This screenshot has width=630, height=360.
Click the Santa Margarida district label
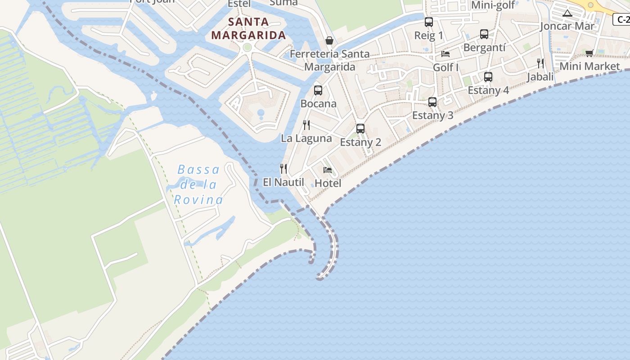[248, 28]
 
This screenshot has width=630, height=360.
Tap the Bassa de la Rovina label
[198, 184]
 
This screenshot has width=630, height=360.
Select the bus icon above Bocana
[318, 90]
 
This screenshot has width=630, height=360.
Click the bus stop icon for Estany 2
[360, 129]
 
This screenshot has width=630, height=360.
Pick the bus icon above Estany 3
[432, 102]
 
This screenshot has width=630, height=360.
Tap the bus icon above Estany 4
[488, 77]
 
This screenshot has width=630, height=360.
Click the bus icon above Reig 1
[429, 22]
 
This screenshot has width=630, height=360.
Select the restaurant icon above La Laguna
[306, 125]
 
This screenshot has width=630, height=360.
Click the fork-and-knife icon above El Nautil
[283, 169]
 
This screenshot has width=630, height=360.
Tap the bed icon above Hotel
[328, 170]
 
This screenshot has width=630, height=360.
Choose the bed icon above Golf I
[445, 54]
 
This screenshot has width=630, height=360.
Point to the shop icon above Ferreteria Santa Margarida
[329, 41]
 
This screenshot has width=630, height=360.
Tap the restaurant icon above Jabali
[540, 63]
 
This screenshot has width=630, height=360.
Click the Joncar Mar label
[567, 26]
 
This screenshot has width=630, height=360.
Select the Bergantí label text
[484, 47]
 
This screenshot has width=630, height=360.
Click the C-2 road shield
[622, 19]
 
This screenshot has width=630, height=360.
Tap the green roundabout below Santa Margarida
[247, 47]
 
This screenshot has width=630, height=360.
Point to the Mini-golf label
[493, 5]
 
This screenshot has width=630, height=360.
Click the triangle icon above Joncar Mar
[567, 13]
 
